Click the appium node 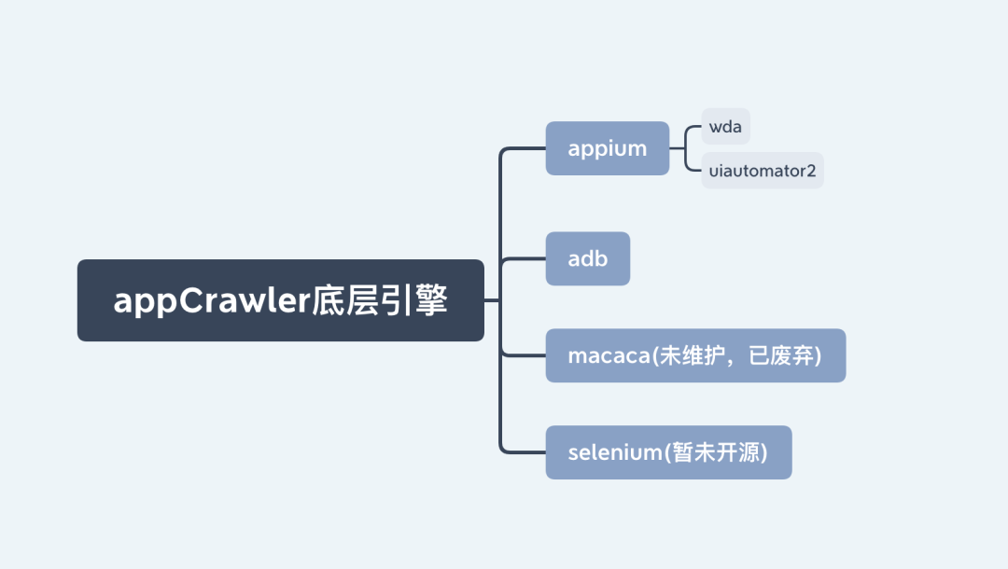pos(607,148)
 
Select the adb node pos(587,258)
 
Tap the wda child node pos(725,127)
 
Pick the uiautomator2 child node pos(762,171)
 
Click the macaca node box pos(695,355)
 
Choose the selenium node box pos(668,452)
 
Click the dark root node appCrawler pos(280,300)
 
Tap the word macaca pos(609,355)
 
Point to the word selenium pos(614,452)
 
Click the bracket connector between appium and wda pos(685,148)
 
